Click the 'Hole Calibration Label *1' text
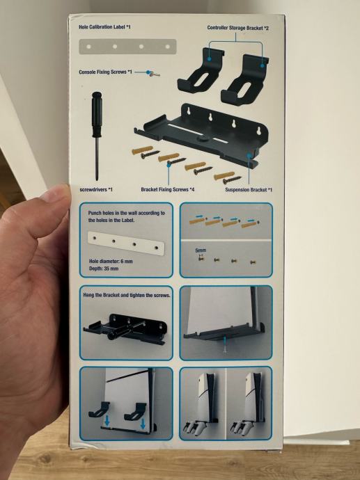point(104,27)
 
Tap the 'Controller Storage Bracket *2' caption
point(237,28)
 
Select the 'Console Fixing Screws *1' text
point(105,72)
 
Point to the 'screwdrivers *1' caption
point(96,189)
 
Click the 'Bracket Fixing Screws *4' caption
point(168,189)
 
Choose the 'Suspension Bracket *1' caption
point(249,190)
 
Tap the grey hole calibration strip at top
point(127,47)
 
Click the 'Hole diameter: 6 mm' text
point(111,261)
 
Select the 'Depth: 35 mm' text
point(104,269)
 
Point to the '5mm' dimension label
point(201,250)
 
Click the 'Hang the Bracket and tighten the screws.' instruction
point(127,295)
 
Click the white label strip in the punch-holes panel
point(126,243)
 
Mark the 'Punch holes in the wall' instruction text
point(126,216)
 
